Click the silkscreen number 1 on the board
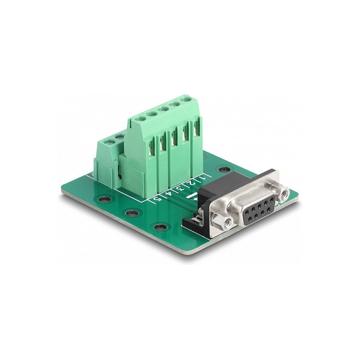coord(202,178)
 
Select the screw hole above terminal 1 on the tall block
coord(185,99)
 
